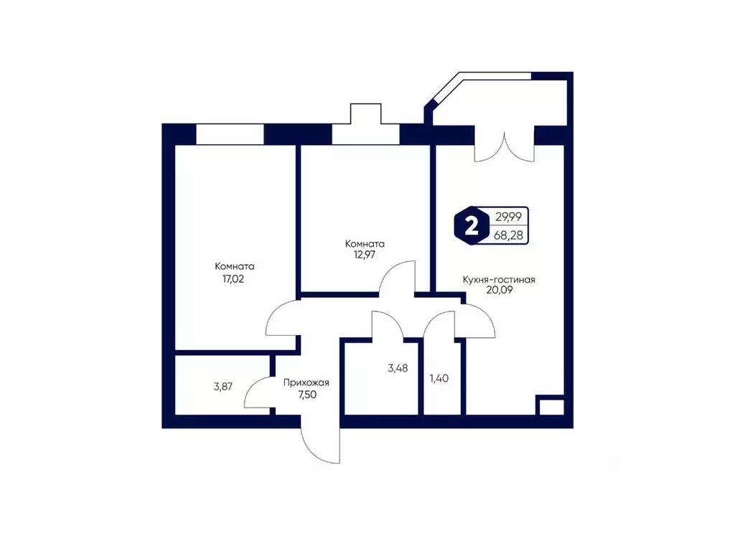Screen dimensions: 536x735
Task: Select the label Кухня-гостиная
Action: pyautogui.click(x=500, y=280)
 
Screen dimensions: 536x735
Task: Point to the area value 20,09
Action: pyautogui.click(x=500, y=291)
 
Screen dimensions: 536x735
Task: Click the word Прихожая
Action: pyautogui.click(x=301, y=382)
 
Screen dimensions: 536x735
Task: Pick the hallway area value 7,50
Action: pyautogui.click(x=301, y=394)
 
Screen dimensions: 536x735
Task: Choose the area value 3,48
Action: pyautogui.click(x=399, y=368)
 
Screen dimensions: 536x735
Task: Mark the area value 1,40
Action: pyautogui.click(x=439, y=378)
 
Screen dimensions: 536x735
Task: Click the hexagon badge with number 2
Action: pyautogui.click(x=471, y=227)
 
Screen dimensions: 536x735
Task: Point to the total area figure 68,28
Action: pyautogui.click(x=508, y=235)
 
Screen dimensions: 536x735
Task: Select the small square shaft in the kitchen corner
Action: pyautogui.click(x=551, y=406)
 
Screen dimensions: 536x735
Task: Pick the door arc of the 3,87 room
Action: pyautogui.click(x=258, y=395)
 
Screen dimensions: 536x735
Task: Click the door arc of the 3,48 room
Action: pyautogui.click(x=388, y=324)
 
